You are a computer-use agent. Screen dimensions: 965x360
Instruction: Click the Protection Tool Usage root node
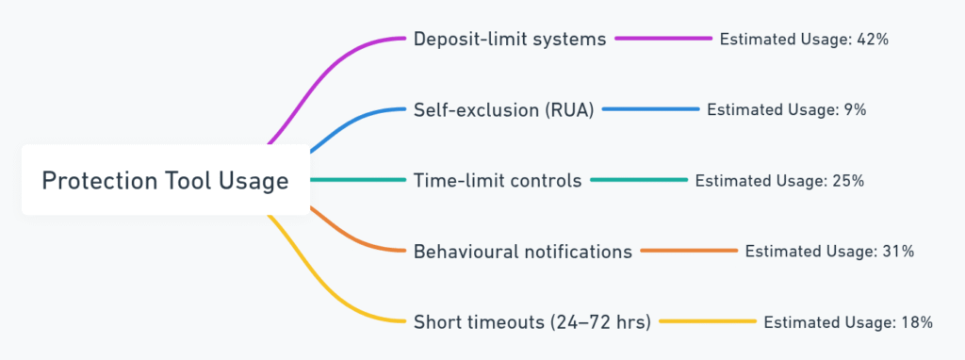[166, 180]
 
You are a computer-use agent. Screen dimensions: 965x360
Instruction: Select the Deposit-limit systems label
[510, 39]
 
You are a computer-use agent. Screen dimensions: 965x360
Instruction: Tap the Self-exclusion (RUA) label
[503, 109]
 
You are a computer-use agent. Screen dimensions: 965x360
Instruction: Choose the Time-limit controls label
[498, 180]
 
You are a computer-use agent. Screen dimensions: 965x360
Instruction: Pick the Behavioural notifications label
[522, 251]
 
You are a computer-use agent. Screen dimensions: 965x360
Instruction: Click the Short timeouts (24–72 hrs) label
[532, 322]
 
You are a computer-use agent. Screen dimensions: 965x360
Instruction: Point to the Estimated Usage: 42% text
[805, 40]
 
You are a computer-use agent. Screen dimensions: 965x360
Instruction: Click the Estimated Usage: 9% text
[787, 110]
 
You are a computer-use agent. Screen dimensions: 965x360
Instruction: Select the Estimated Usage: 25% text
[779, 181]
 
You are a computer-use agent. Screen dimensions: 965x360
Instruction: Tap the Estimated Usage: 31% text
[829, 252]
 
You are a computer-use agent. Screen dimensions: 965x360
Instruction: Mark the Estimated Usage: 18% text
[849, 322]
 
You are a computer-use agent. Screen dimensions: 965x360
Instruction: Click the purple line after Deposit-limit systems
[663, 39]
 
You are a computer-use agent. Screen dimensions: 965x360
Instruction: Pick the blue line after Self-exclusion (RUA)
[651, 109]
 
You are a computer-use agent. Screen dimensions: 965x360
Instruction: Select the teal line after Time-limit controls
[639, 180]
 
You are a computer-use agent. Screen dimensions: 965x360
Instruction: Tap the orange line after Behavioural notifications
[689, 251]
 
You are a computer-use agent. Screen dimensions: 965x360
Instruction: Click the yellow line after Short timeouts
[708, 322]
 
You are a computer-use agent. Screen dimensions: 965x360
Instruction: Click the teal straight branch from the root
[358, 180]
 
